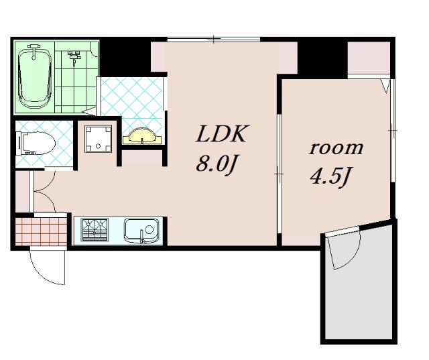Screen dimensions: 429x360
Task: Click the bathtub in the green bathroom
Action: (34, 76)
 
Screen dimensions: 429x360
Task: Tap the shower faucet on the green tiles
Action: (74, 57)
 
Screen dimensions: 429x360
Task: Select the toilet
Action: (36, 143)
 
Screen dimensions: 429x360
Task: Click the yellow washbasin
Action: (143, 136)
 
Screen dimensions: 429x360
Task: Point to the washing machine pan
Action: (99, 139)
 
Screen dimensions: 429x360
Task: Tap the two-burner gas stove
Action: (95, 229)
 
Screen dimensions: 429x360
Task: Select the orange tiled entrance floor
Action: (41, 231)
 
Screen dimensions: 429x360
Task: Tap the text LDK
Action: (221, 134)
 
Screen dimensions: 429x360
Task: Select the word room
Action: (336, 148)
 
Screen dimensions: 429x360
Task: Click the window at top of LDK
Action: (214, 40)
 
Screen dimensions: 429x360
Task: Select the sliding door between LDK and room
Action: (280, 174)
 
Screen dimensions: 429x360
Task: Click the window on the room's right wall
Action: (392, 131)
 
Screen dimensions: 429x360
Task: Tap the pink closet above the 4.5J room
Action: (369, 58)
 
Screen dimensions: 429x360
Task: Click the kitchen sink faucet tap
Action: (141, 237)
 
